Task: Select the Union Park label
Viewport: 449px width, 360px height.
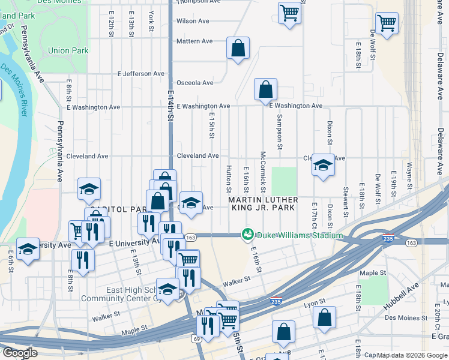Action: [x=67, y=51]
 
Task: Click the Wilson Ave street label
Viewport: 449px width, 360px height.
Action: [x=193, y=21]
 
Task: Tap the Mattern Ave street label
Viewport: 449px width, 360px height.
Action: [x=194, y=41]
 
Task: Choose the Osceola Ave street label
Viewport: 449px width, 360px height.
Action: [x=194, y=83]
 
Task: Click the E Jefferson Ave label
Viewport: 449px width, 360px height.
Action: [x=140, y=74]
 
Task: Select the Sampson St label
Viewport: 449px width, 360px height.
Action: [x=279, y=132]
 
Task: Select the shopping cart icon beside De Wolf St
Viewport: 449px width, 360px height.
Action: [x=387, y=23]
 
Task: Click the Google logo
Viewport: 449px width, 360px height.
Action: [x=19, y=353]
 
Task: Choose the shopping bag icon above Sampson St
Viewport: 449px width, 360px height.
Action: [x=265, y=90]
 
